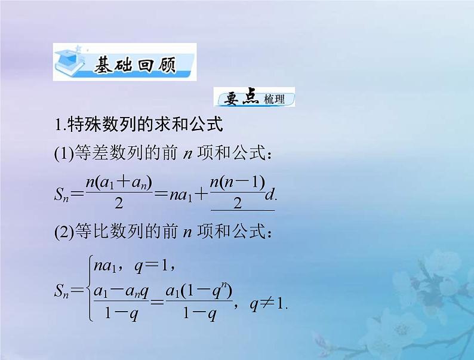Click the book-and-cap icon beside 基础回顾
(70, 63)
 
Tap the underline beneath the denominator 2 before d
(242, 210)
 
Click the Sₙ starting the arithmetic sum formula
(64, 193)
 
